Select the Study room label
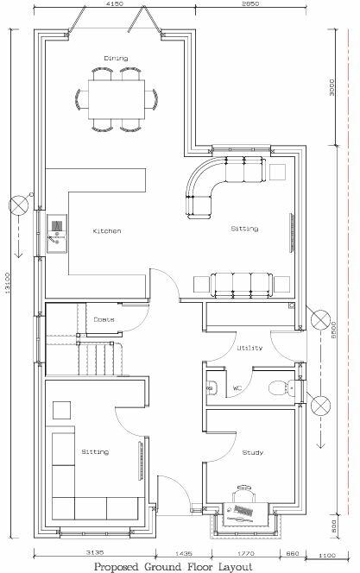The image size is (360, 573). [x=253, y=452]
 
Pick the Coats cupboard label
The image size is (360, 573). [x=104, y=319]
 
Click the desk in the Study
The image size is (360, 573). [x=248, y=513]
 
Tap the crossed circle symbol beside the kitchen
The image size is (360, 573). [x=16, y=205]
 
